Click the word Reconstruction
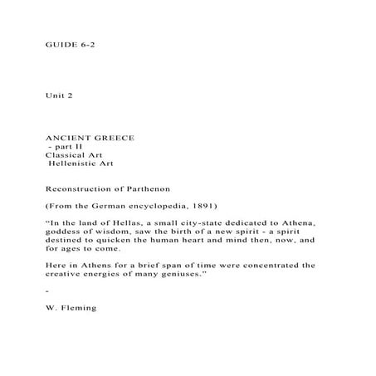(x=82, y=189)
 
